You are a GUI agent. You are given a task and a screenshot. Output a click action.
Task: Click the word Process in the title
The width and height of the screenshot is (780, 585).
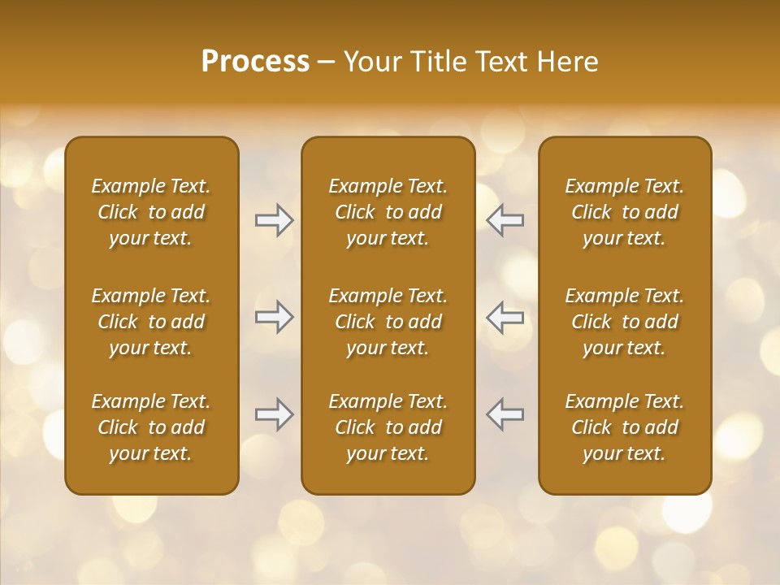[x=255, y=62]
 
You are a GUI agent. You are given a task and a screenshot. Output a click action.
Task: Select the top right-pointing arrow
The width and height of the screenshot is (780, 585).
[x=274, y=220]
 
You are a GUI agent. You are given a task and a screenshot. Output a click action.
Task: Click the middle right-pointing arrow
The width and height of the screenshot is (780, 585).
[x=274, y=317]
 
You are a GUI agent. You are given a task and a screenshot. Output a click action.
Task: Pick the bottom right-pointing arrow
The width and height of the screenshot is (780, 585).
[x=274, y=414]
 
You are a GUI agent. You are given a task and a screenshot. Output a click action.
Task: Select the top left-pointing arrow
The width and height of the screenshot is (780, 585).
[x=505, y=220]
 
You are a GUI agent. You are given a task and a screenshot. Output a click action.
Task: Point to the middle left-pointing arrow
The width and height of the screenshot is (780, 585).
[x=505, y=317]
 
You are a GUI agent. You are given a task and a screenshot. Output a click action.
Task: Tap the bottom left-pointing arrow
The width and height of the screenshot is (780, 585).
[x=505, y=414]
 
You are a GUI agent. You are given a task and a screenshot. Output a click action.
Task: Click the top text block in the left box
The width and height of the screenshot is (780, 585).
[x=151, y=212]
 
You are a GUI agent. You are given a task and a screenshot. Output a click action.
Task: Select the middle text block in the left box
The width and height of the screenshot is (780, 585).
[x=151, y=322]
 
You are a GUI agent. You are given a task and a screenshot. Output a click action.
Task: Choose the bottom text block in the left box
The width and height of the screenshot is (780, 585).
[x=151, y=427]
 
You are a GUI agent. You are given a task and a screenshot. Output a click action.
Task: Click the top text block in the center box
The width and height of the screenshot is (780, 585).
[x=388, y=212]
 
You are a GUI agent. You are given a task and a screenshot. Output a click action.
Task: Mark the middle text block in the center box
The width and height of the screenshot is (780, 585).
[x=388, y=322]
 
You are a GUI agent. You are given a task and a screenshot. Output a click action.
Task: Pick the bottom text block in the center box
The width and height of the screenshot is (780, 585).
[x=388, y=427]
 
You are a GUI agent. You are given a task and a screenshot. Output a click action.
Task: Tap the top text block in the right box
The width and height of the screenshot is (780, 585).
[x=624, y=212]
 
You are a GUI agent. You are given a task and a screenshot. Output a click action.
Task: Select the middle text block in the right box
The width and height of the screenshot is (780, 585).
[x=624, y=322]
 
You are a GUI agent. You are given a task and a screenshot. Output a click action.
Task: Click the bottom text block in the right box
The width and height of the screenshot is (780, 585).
[x=624, y=427]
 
